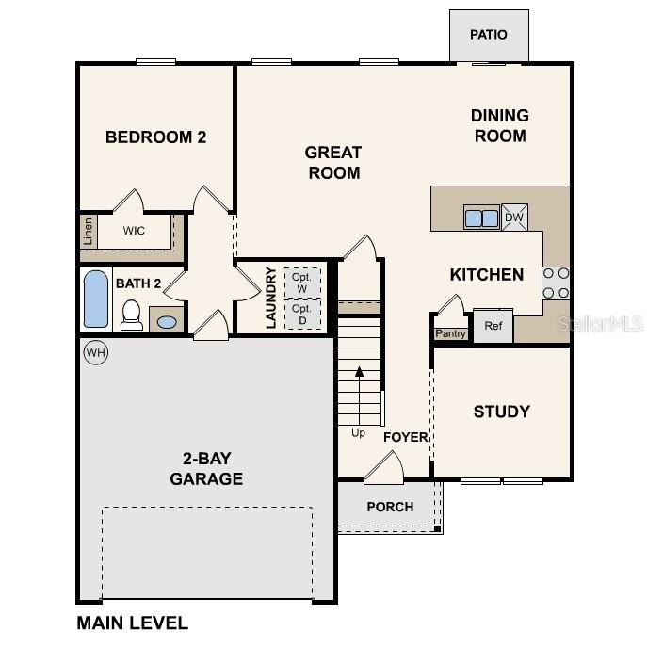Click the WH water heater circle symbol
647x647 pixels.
[x=95, y=352]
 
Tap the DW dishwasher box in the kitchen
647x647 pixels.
[x=514, y=218]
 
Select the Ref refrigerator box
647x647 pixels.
[x=493, y=326]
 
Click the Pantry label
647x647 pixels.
[x=449, y=333]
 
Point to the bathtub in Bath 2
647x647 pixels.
[x=96, y=299]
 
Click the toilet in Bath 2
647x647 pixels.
[x=132, y=315]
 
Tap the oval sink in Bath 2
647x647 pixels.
[x=166, y=321]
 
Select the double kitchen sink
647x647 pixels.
[x=481, y=218]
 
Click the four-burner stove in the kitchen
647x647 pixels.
[x=556, y=283]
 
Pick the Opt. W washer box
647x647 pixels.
[x=301, y=283]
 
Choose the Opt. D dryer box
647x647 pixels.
[x=301, y=314]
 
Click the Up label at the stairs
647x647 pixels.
[x=359, y=433]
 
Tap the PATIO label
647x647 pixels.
[x=489, y=35]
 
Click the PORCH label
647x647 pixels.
[x=390, y=507]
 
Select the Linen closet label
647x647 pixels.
[x=89, y=231]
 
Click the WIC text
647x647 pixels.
[x=135, y=230]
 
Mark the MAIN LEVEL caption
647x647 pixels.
[x=132, y=623]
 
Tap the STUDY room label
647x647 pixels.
[x=501, y=412]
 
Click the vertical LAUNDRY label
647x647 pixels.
[x=271, y=298]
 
